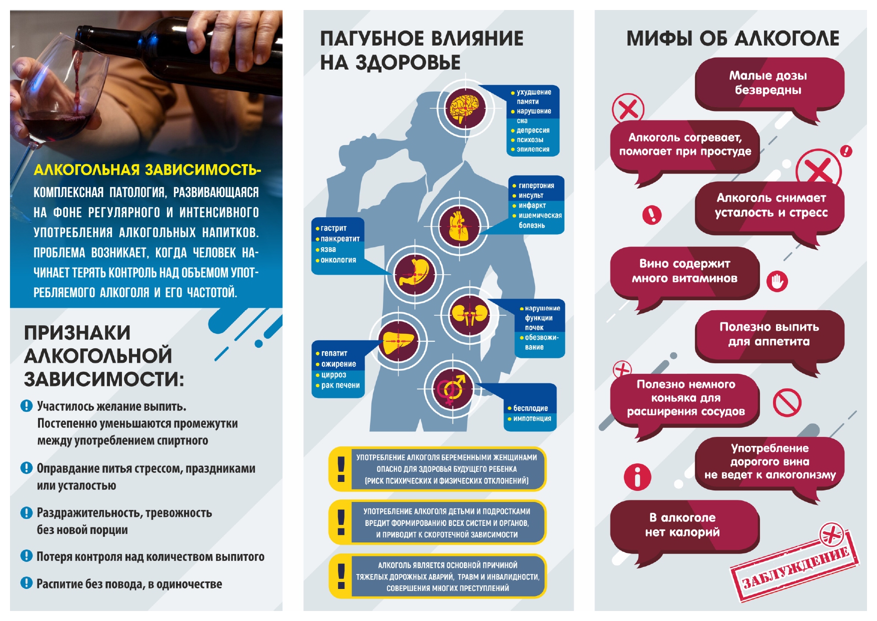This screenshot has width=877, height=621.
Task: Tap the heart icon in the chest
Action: pos(459,227)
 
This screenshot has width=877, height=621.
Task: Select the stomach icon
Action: pos(414,274)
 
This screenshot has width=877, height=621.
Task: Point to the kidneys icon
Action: pos(469,315)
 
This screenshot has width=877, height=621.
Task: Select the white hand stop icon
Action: pos(777,281)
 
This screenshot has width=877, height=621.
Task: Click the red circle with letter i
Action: pos(637,476)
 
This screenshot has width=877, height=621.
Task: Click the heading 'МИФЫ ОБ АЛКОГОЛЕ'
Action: pos(732,39)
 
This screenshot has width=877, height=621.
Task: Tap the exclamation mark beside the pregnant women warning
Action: pos(341,468)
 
